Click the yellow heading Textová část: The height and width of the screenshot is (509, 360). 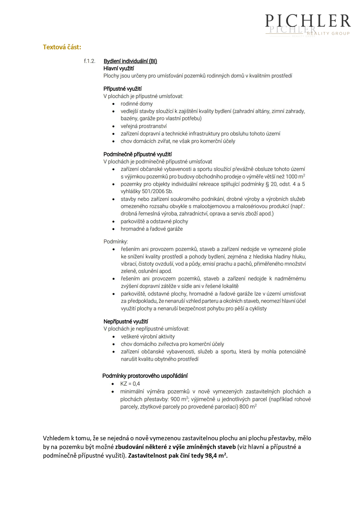click(62, 47)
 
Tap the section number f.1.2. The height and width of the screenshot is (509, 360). click(89, 61)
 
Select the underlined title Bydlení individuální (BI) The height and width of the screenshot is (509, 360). click(130, 61)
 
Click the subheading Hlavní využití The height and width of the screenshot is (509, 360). click(119, 68)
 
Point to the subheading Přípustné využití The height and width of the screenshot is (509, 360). click(123, 89)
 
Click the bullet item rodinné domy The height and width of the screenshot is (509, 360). click(137, 104)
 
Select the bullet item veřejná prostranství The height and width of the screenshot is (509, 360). click(144, 126)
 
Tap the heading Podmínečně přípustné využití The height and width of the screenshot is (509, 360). click(138, 154)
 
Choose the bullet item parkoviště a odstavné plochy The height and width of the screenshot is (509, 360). click(154, 221)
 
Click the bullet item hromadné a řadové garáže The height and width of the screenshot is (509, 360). click(152, 229)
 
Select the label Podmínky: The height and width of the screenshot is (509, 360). click(116, 241)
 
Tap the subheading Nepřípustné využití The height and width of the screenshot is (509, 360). click(126, 322)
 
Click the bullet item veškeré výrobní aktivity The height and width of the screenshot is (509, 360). click(148, 337)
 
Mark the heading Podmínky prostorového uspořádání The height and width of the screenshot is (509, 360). click(145, 376)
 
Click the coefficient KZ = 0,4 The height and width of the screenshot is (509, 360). click(130, 384)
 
